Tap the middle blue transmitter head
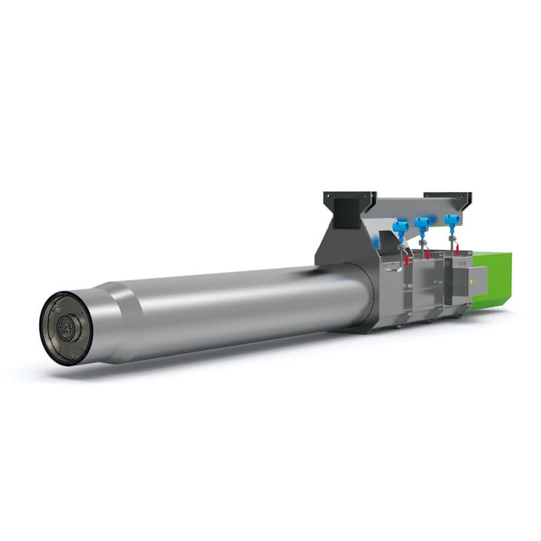(424, 223)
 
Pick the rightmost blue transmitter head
(451, 220)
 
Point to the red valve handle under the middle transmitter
(427, 254)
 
